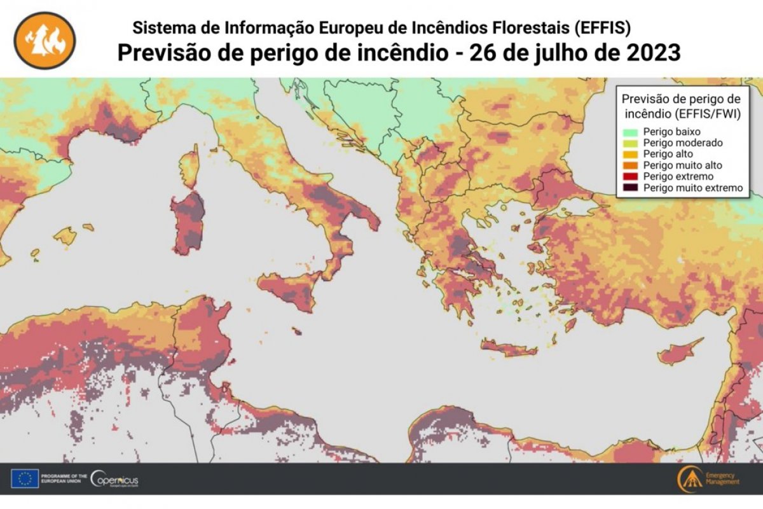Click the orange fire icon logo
pos(45,40)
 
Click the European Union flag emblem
pos(24,478)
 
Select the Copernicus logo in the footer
pos(114,478)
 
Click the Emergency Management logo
pos(708,478)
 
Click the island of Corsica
pos(189,166)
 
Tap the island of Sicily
pos(289,289)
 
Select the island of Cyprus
pos(678,352)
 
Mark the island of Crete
pos(509,348)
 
